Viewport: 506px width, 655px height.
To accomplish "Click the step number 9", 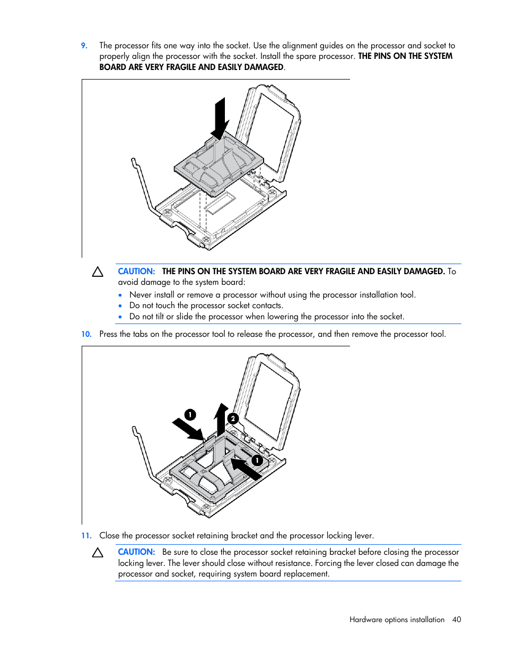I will click(x=84, y=46).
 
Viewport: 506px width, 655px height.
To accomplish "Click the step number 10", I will click(x=86, y=334).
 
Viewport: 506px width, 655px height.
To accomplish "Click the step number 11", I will click(x=86, y=536).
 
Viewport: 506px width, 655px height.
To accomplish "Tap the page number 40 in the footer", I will click(x=457, y=619).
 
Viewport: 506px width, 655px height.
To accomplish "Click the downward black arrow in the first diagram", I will click(x=220, y=118).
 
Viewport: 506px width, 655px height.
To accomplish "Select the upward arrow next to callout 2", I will click(x=221, y=418).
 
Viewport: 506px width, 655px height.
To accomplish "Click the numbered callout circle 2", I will click(x=232, y=418).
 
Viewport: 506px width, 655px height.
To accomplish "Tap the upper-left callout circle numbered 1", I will click(x=190, y=414).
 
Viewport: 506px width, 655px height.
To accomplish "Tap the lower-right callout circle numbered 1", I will click(x=257, y=460).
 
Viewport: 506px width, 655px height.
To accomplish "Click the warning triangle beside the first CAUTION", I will click(x=98, y=272).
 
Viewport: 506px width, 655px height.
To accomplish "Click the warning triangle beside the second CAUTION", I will click(x=98, y=553).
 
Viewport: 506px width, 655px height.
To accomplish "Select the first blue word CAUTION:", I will click(x=136, y=272).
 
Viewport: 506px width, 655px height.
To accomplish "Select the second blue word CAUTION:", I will click(x=136, y=552).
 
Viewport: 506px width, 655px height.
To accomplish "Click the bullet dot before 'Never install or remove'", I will click(x=120, y=295).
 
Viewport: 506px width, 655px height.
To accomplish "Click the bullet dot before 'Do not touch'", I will click(x=120, y=306).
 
